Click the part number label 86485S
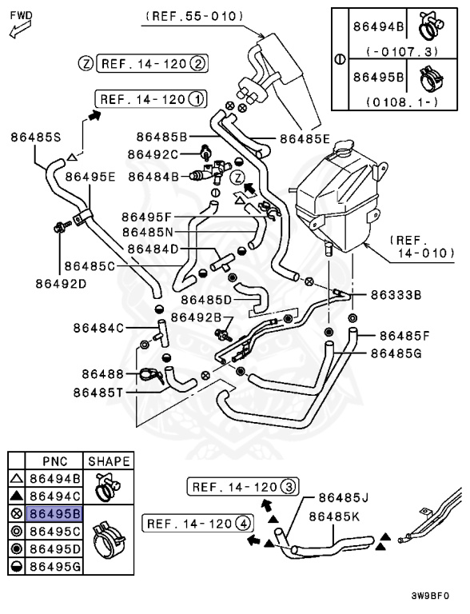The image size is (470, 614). (36, 137)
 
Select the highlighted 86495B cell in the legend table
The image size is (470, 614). (54, 513)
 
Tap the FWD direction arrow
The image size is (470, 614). (18, 26)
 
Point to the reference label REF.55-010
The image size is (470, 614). (206, 16)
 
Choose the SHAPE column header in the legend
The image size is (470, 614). (109, 461)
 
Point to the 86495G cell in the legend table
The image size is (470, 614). (54, 566)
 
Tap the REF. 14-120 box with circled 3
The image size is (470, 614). (242, 486)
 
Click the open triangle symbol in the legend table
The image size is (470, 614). (15, 479)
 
